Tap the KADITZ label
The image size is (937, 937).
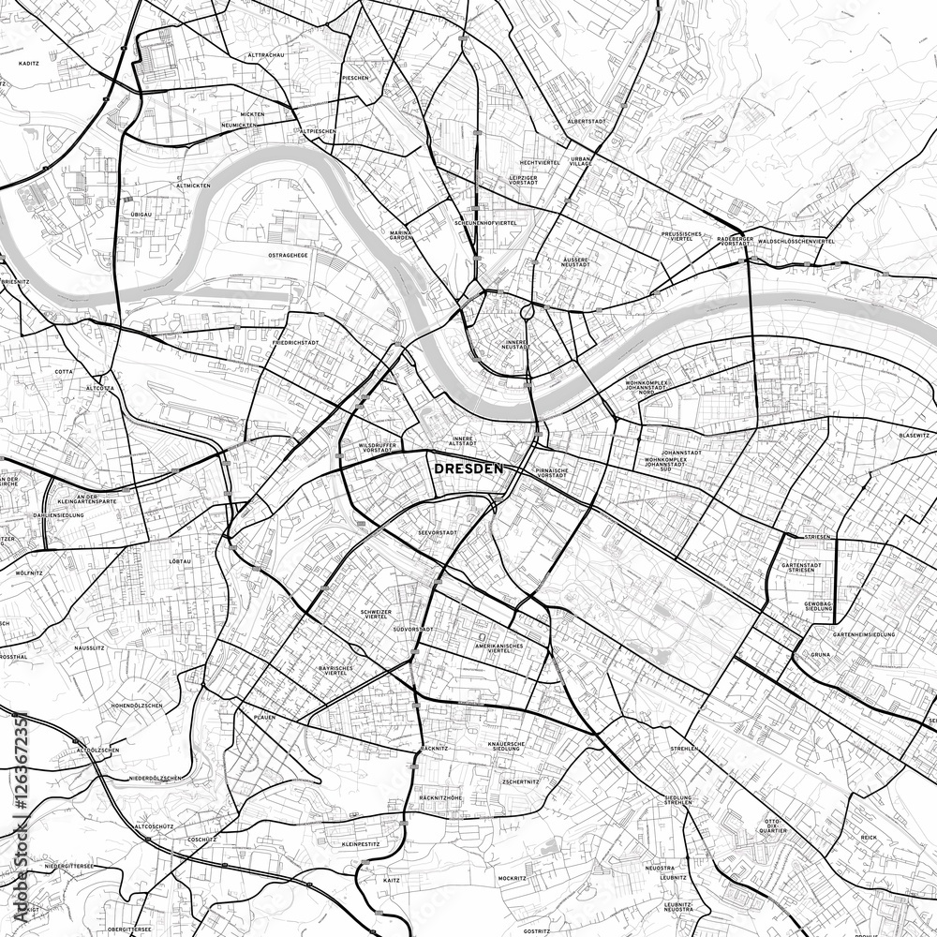(x=28, y=63)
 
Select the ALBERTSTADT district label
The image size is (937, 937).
(x=587, y=122)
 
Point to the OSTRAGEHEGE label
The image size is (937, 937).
(x=288, y=255)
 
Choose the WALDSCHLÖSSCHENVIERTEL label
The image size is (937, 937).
(x=796, y=241)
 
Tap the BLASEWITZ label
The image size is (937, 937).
(x=914, y=436)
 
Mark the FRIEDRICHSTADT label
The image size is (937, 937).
(x=295, y=343)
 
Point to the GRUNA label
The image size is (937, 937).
(x=821, y=653)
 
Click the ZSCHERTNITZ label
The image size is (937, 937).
(x=520, y=781)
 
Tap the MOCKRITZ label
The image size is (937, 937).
(x=513, y=878)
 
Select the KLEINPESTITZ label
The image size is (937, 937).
(x=361, y=844)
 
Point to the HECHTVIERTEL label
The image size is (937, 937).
(x=541, y=162)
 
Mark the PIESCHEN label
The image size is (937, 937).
(x=356, y=78)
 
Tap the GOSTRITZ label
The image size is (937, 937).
(x=537, y=931)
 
